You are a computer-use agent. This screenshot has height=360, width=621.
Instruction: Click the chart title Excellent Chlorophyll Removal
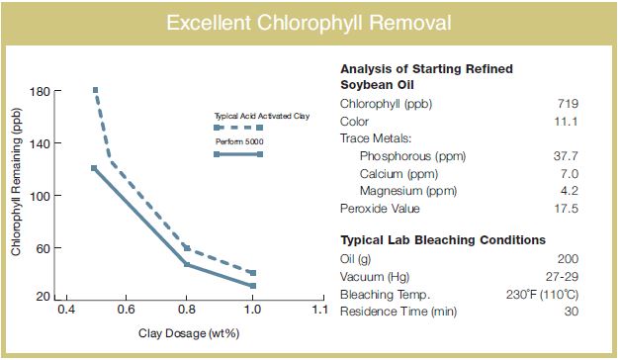[310, 22]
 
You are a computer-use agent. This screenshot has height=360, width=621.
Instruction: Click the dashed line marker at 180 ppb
[96, 90]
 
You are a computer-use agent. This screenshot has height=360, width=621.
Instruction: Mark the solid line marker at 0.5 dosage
[94, 168]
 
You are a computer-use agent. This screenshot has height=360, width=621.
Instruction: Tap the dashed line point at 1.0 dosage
[252, 273]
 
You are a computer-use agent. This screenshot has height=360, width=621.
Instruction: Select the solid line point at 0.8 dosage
[187, 264]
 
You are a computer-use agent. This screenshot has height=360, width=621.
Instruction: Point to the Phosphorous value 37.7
[565, 156]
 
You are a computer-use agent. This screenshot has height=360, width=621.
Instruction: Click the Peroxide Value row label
[381, 209]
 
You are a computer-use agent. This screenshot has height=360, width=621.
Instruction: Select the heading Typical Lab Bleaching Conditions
[442, 240]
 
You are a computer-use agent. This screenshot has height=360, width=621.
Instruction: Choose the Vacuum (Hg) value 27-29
[562, 277]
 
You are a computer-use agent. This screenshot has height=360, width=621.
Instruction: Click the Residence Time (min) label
[397, 313]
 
